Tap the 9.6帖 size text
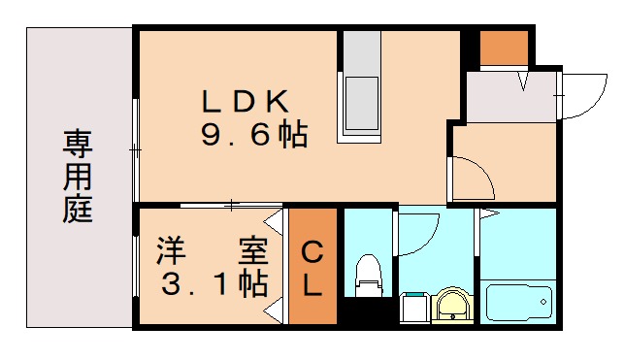253,135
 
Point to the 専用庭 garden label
79,178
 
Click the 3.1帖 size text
213,285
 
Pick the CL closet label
312,269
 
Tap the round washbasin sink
451,305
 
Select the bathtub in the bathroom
518,301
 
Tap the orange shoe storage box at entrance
504,48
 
